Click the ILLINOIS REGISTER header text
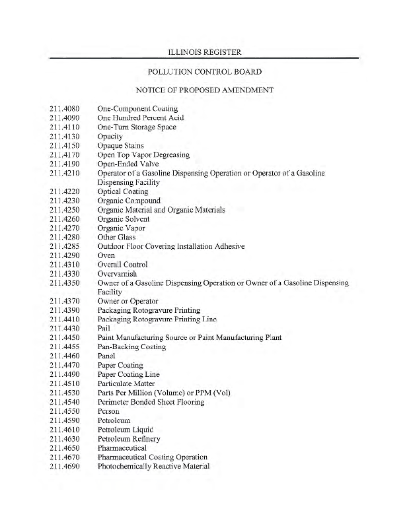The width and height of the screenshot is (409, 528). pos(204,51)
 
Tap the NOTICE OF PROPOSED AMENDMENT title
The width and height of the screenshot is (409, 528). pos(204,89)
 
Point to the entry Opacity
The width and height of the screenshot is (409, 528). pos(110,137)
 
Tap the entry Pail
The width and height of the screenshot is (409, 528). pos(104,329)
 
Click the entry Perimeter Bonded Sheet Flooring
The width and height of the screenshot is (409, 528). pos(151,402)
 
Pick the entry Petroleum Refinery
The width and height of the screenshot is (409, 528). pos(129,438)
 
